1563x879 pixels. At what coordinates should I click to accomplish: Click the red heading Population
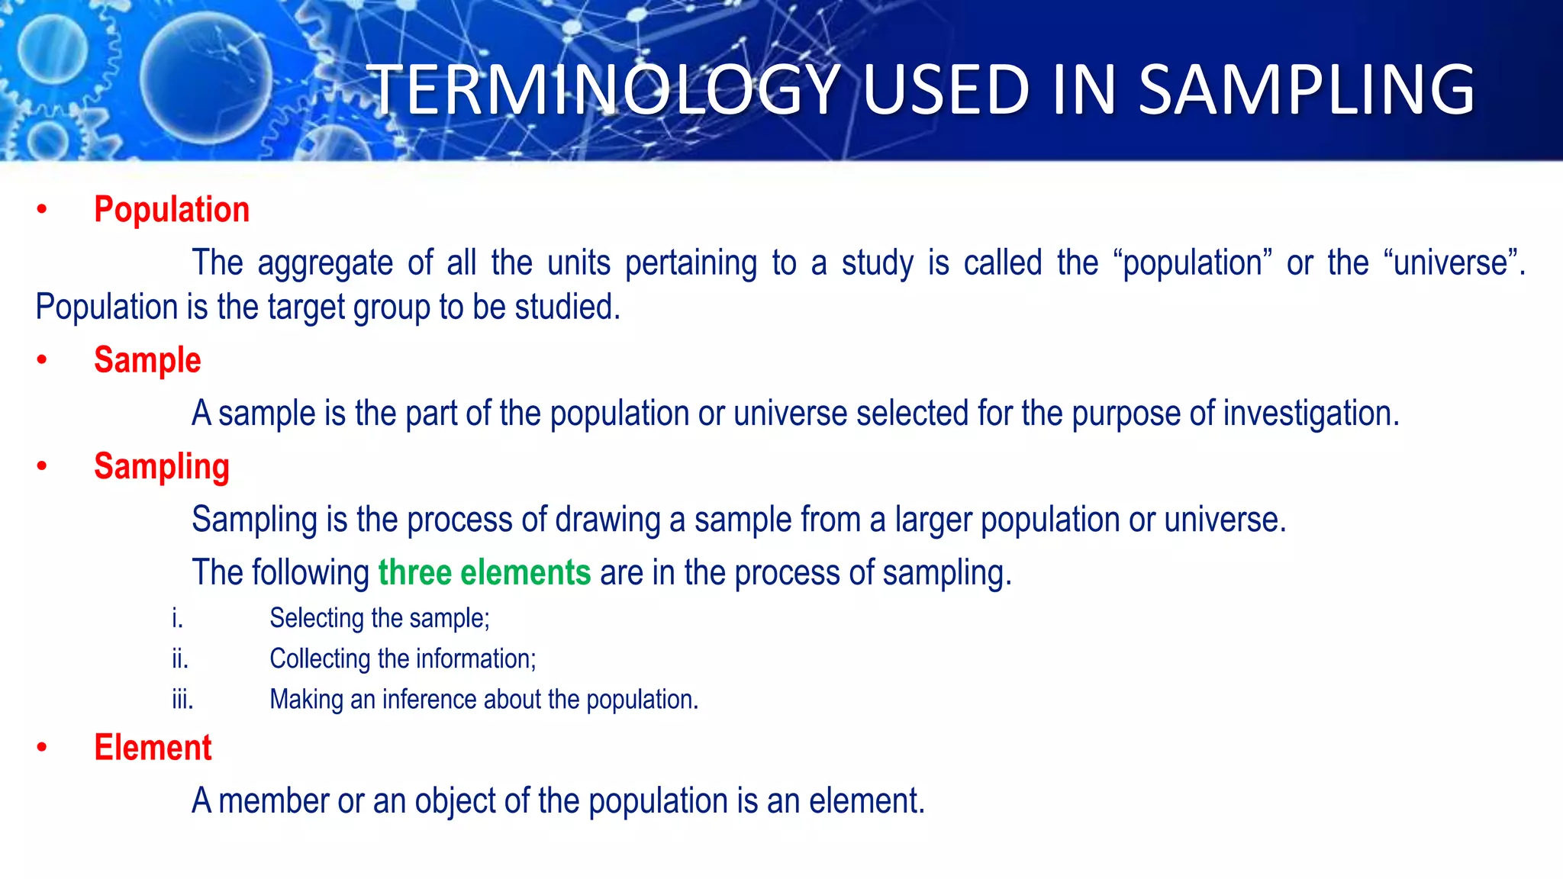[172, 210]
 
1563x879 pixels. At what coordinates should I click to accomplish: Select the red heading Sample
[147, 360]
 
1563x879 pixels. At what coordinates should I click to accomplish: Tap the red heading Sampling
[162, 466]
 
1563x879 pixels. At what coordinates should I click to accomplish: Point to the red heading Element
[153, 748]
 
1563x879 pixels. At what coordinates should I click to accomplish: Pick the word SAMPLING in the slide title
[1307, 90]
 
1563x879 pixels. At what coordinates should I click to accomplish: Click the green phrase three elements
[485, 572]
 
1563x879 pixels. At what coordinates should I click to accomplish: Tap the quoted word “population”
[1192, 263]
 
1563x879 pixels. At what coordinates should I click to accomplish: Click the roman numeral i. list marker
[178, 618]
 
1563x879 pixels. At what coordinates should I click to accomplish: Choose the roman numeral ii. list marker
[180, 658]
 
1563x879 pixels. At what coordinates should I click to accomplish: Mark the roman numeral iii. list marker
[182, 699]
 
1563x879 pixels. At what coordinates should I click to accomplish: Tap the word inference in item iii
[430, 699]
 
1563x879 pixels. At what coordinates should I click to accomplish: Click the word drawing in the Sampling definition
[607, 520]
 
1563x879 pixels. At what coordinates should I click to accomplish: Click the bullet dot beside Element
[42, 748]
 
